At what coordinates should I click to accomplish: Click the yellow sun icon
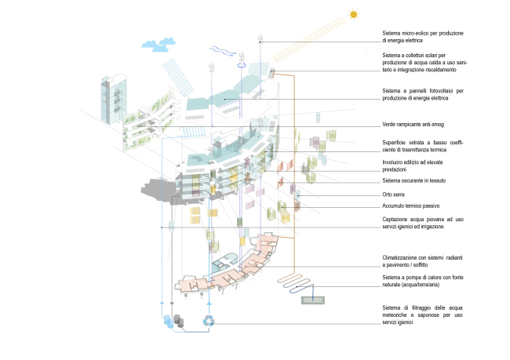(354, 14)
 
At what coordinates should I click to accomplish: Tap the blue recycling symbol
(209, 320)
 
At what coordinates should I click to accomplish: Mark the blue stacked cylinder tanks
(169, 321)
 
